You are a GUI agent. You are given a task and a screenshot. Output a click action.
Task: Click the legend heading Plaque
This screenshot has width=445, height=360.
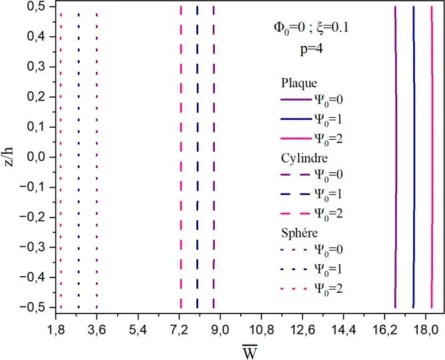click(297, 83)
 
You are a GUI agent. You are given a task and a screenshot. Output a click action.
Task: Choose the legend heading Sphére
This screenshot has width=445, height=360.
click(297, 234)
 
